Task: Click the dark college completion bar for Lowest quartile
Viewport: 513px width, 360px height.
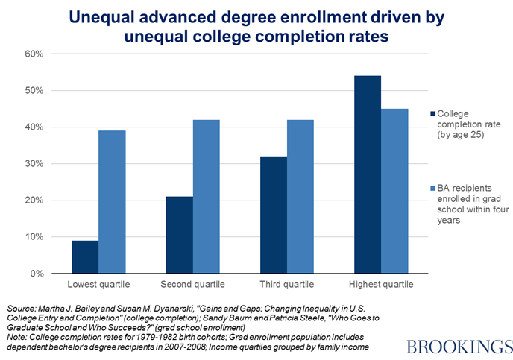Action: (85, 257)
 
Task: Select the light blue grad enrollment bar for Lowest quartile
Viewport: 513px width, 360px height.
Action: (112, 202)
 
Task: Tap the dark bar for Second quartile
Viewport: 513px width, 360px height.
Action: (178, 235)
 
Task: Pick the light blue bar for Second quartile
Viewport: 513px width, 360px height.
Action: (206, 197)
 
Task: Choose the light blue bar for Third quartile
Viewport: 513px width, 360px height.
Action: (300, 197)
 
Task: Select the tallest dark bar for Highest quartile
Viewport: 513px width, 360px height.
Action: (368, 174)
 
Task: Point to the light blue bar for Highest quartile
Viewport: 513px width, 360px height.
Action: (394, 191)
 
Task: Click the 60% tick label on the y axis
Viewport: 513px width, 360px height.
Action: (36, 54)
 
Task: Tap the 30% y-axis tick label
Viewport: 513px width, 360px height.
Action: (36, 164)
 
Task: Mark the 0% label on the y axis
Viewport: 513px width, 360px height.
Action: (38, 274)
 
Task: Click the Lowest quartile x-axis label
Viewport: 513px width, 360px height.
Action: (98, 285)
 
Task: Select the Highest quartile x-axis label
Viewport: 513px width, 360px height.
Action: (381, 285)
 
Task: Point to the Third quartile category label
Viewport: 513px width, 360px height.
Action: (287, 285)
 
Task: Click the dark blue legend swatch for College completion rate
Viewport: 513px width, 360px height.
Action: (433, 113)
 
